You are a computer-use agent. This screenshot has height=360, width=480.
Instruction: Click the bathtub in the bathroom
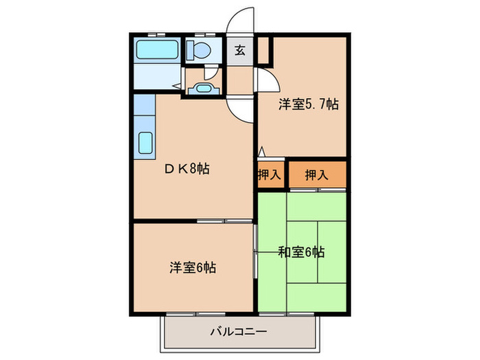157,50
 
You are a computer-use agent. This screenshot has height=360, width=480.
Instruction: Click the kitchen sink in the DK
145,143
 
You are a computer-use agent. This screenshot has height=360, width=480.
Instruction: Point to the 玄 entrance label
240,51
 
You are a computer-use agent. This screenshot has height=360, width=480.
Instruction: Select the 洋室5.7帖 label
308,104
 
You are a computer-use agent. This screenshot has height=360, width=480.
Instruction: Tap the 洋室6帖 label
193,267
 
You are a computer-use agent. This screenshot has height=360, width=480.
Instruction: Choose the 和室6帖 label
301,252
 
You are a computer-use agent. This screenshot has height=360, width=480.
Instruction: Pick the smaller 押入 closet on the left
269,175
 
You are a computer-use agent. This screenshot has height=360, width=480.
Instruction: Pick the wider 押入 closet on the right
316,175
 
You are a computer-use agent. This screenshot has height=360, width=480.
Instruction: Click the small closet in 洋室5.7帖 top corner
265,51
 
